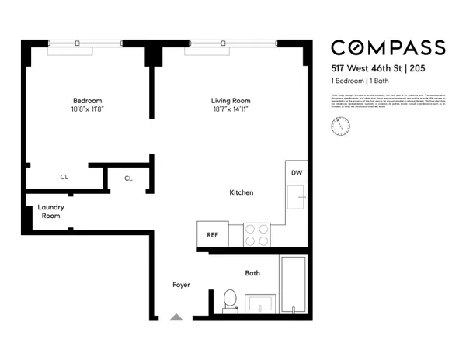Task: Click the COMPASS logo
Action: click(x=388, y=47)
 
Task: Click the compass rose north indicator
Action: click(x=339, y=125)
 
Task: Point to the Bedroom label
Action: click(x=87, y=101)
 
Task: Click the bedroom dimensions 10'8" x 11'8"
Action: click(x=87, y=109)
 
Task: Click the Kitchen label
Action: click(x=241, y=192)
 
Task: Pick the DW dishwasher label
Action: click(x=296, y=173)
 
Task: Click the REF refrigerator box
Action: click(x=212, y=234)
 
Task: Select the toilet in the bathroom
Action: click(x=229, y=300)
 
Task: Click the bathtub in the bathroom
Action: click(x=294, y=285)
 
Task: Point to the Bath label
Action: click(x=252, y=273)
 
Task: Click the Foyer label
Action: click(x=181, y=285)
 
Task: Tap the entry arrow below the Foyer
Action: click(x=176, y=317)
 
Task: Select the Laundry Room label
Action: click(x=51, y=212)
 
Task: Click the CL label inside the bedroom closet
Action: click(x=64, y=178)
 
